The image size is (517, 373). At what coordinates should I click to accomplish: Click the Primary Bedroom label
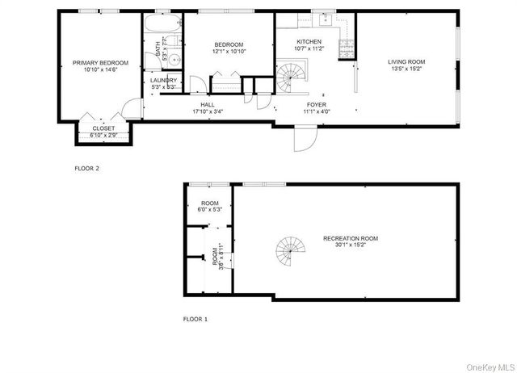tap(100, 62)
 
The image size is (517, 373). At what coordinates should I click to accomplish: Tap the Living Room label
tap(406, 61)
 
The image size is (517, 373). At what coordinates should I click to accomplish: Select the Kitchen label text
tap(309, 41)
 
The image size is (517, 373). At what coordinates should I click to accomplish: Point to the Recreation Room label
tap(350, 238)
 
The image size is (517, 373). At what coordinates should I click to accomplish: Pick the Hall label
tap(208, 104)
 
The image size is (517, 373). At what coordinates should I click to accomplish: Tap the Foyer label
tap(316, 104)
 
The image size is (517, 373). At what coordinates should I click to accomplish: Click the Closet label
tap(103, 128)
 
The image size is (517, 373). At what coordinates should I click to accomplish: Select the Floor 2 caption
tap(86, 169)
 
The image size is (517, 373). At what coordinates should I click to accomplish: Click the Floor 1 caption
tap(195, 319)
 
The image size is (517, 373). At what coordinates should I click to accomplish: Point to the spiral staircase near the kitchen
tap(289, 79)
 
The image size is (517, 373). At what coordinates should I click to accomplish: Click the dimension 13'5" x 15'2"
tap(406, 69)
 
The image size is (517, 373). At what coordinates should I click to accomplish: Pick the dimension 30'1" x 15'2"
tap(350, 245)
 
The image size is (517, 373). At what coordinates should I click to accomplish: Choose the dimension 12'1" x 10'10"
tap(229, 52)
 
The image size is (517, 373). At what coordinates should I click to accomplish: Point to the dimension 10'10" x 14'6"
tap(100, 69)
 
